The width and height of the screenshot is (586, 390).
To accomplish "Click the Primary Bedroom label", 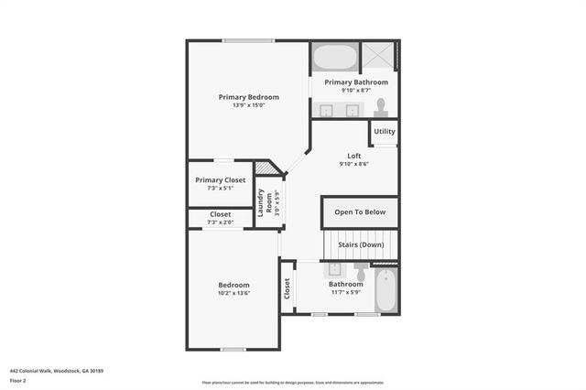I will pos(248,96).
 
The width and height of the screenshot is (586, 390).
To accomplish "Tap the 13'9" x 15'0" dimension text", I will pos(248,105).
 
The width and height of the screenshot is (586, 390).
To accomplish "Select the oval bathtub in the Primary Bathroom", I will pos(334,58).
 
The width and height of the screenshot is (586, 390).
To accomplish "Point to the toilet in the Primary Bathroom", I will pos(381,107).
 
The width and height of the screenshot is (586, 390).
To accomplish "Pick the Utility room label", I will pos(385,132).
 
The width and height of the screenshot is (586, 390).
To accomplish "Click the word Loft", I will pos(353,156).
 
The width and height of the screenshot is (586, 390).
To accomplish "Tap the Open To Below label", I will pos(360,212).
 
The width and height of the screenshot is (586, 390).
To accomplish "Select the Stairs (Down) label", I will pos(361,244).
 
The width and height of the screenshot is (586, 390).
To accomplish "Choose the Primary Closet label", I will pos(220,179).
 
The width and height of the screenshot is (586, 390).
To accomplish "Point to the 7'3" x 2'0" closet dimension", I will pos(220,222).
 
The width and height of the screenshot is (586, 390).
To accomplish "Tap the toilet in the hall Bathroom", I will pos(361,273).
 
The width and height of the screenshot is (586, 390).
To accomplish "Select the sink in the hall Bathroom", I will pos(334,270).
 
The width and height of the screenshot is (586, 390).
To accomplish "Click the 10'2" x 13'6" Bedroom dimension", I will pos(233,294).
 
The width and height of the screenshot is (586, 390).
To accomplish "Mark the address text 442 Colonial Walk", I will pos(56,371).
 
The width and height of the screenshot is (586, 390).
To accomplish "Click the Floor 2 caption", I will pos(17,380).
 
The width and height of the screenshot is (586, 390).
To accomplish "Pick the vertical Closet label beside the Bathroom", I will pos(287,289).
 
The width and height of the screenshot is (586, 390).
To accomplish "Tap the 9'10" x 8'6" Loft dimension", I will pos(353,165).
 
